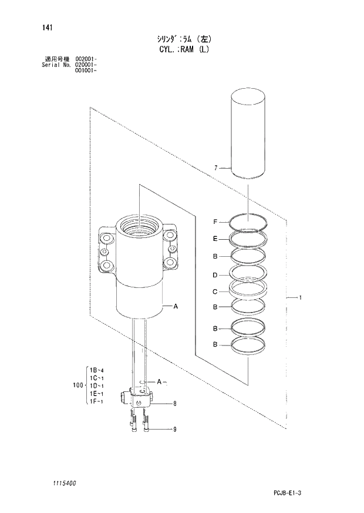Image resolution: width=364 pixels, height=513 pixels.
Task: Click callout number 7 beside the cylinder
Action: point(216,168)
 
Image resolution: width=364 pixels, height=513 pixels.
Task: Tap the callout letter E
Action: point(215,239)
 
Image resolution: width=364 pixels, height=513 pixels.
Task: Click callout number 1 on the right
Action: point(300,298)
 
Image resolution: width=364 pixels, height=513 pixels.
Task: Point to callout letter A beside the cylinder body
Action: point(176,306)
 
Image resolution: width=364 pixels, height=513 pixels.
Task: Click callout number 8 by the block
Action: point(174,403)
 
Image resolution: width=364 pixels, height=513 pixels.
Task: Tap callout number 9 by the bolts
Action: point(174,430)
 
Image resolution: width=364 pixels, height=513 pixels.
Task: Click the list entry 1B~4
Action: point(96,370)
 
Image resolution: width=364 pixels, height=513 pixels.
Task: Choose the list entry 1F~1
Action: point(96,401)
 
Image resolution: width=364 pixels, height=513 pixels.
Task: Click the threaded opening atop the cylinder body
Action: point(139,224)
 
